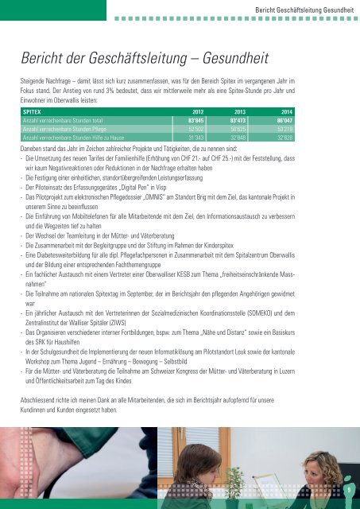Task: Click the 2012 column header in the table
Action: coord(203,112)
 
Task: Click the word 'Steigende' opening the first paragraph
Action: coord(36,81)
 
